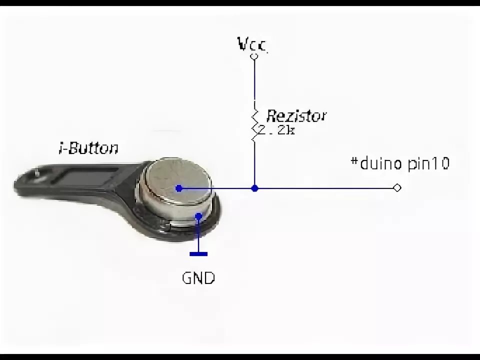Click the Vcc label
(252, 45)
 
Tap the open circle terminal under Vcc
(254, 57)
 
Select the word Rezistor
(296, 116)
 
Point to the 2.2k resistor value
(277, 131)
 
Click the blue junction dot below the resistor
(254, 188)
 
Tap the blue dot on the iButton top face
(179, 188)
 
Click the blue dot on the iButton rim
(198, 216)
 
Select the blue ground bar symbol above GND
(198, 254)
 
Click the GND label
(198, 278)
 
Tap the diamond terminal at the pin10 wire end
(397, 188)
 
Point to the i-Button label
(88, 148)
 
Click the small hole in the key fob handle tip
(37, 172)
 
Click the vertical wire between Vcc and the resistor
(254, 80)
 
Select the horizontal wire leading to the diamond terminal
(325, 188)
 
